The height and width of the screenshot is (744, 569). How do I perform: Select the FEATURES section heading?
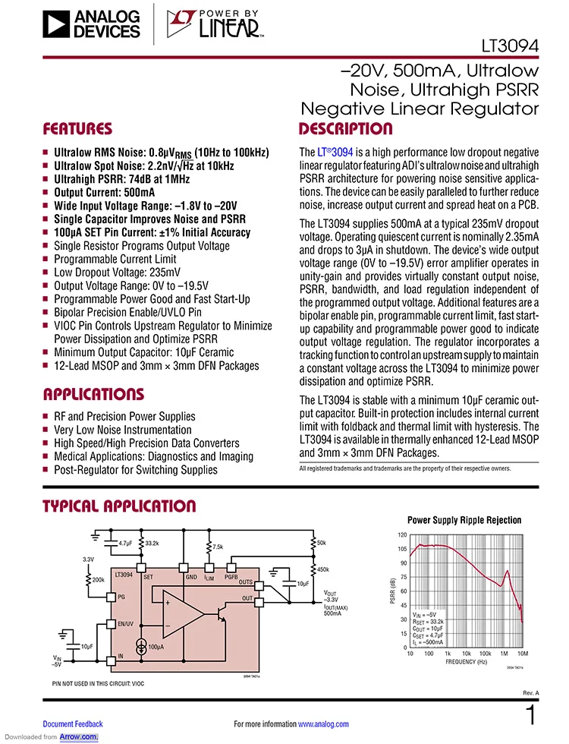click(x=77, y=129)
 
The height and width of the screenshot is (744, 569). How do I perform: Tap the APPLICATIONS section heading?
click(x=93, y=395)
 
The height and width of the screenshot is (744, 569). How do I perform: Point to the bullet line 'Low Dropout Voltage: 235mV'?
click(x=117, y=273)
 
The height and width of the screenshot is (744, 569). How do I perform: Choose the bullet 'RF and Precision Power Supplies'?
click(x=124, y=417)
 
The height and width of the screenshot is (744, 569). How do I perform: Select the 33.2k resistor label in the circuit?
click(x=151, y=544)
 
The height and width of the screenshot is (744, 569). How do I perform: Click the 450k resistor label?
click(x=322, y=569)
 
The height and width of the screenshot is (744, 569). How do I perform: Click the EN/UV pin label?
click(x=126, y=624)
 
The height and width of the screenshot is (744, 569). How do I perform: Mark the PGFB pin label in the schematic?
click(x=232, y=577)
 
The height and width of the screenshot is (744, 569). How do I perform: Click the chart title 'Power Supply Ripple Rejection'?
click(x=464, y=520)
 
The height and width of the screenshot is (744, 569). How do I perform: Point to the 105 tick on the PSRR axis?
click(x=402, y=549)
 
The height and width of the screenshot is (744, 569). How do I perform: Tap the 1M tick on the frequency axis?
click(x=503, y=654)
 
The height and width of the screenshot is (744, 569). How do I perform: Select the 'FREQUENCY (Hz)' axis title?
click(x=467, y=661)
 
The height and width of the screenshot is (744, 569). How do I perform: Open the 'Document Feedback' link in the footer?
click(x=73, y=724)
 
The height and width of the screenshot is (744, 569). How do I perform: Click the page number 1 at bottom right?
click(x=531, y=716)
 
